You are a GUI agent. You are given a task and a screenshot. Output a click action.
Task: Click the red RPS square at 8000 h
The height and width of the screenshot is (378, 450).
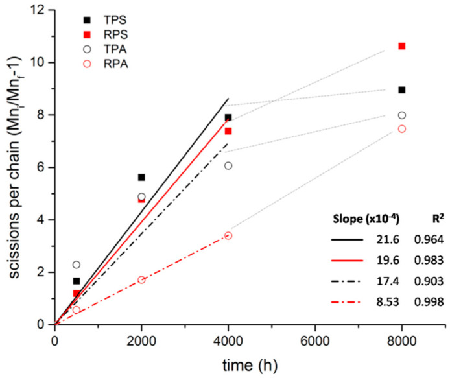[x=402, y=46]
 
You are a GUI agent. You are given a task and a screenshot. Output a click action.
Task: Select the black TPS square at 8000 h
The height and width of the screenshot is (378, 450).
[x=402, y=90]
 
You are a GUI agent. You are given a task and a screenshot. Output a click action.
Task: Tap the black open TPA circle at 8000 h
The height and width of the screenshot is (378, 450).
[x=402, y=115]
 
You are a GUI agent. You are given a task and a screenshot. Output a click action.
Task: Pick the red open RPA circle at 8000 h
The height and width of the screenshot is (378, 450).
[x=402, y=128]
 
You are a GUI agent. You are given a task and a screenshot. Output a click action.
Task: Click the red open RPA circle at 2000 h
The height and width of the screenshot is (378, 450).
[x=141, y=279]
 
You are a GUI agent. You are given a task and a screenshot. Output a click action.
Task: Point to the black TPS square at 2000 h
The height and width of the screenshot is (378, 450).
[x=141, y=177]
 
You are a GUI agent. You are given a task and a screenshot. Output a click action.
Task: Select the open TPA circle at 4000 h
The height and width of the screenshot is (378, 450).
[x=228, y=165]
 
